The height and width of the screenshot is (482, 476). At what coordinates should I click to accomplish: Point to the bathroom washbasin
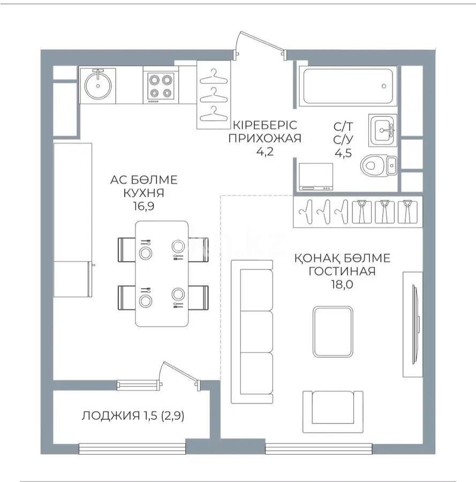pos(383,129)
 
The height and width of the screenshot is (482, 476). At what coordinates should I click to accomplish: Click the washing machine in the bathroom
pos(316,177)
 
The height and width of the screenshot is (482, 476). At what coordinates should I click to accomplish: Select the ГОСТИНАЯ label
pos(342,272)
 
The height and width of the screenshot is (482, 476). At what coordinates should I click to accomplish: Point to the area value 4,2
pos(265,151)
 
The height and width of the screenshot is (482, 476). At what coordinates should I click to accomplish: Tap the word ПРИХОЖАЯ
pos(265,138)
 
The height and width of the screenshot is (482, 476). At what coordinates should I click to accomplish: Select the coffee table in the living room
pos(333,333)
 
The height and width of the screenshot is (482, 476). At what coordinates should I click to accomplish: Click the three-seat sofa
pos(253,331)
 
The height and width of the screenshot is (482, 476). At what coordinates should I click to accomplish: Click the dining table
pos(162,273)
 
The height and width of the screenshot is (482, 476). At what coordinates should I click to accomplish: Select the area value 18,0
pos(342,284)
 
